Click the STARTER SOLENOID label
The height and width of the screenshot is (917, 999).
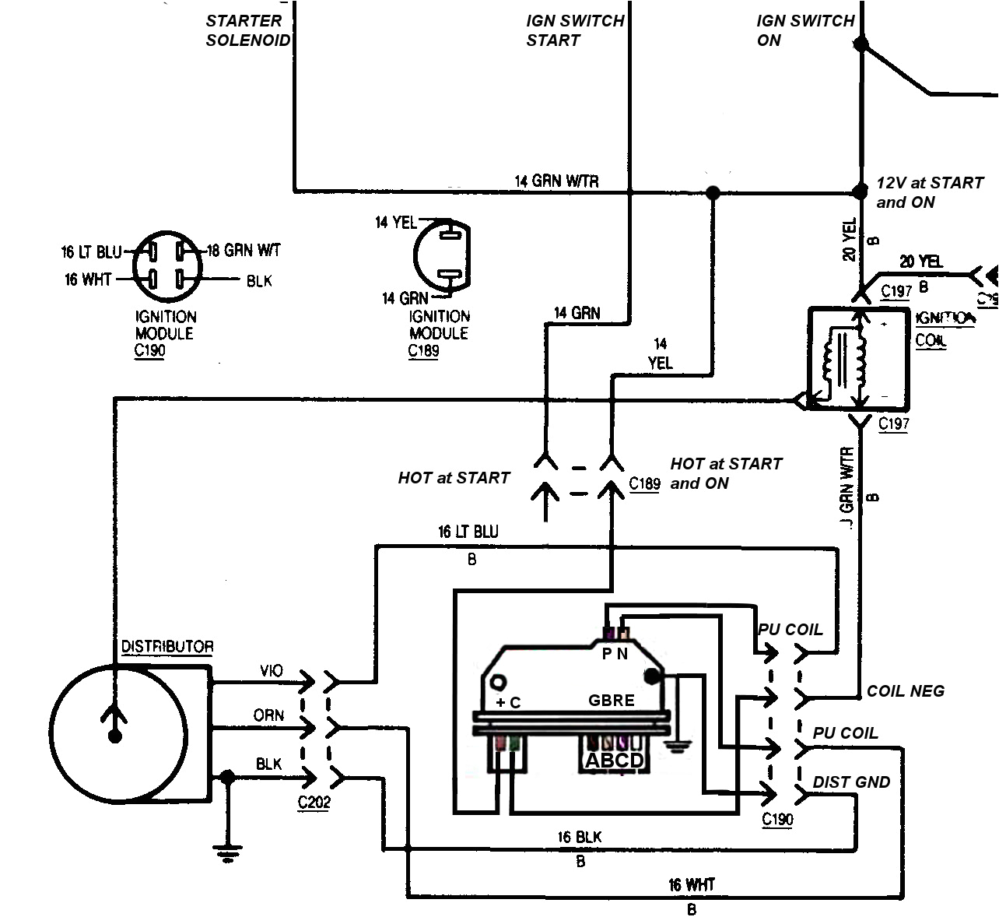tap(247, 31)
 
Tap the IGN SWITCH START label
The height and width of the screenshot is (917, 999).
tap(575, 31)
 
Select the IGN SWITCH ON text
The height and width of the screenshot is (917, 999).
tap(805, 31)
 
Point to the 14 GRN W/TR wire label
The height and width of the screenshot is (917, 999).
tap(556, 181)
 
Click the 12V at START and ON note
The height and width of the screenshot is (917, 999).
tap(929, 192)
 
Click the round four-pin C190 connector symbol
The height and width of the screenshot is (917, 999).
tap(166, 265)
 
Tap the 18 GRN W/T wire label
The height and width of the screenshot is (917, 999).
tap(244, 251)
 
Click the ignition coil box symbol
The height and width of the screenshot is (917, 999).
tap(858, 359)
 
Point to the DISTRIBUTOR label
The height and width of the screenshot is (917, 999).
tap(166, 647)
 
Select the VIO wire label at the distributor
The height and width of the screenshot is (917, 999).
tap(271, 671)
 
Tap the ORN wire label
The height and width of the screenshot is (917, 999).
tap(268, 715)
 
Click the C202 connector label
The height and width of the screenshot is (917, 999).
tap(314, 802)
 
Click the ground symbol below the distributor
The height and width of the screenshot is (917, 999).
tap(227, 854)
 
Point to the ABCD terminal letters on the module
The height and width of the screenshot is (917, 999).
tap(614, 761)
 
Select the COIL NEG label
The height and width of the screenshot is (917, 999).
tap(905, 690)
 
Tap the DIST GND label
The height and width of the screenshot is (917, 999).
tap(851, 782)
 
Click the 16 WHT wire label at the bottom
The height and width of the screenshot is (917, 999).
tap(691, 885)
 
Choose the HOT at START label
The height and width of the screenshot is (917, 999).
tap(454, 478)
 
